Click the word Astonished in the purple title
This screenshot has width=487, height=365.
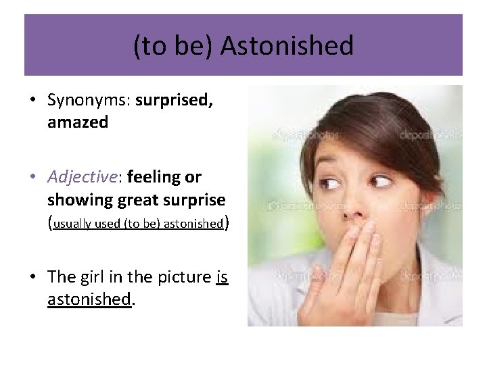click(x=287, y=47)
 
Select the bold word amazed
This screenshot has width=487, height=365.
click(x=78, y=123)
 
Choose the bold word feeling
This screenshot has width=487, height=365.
click(x=154, y=177)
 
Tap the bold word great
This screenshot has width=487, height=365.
click(x=139, y=200)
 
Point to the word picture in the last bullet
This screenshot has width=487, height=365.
click(x=185, y=276)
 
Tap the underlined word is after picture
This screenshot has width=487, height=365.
click(x=221, y=276)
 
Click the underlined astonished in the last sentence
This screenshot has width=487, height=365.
click(x=88, y=299)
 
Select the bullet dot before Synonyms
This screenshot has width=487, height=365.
click(x=32, y=101)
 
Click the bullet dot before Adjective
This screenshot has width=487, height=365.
click(x=32, y=178)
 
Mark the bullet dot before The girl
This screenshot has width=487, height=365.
click(x=32, y=277)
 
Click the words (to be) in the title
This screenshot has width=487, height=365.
click(x=173, y=47)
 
